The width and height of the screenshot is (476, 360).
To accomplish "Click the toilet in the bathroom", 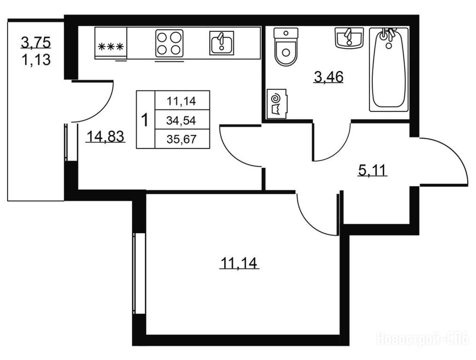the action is click(286, 47).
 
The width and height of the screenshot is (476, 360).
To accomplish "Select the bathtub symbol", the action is click(389, 69).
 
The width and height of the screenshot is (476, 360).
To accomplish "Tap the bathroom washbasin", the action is click(349, 37).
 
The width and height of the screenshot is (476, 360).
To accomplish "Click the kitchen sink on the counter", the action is click(222, 43).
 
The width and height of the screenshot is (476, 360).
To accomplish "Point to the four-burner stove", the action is click(169, 43).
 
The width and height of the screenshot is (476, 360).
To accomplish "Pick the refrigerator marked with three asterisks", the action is click(111, 43).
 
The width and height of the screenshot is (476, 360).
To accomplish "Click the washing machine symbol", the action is click(277, 104).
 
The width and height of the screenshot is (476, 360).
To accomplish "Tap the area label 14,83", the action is click(106, 136).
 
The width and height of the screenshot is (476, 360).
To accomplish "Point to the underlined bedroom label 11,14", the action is click(239, 262).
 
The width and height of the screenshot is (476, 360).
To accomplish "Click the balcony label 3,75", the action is click(36, 42).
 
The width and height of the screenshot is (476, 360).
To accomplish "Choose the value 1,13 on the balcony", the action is click(36, 60).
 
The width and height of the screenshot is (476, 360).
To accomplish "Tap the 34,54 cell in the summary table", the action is click(181, 120).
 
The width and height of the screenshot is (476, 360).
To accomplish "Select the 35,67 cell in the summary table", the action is click(181, 139).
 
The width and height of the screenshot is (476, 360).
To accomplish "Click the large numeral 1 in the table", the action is click(145, 120).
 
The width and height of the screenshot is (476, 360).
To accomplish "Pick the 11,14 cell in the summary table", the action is click(181, 101).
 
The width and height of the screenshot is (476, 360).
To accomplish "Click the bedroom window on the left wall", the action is click(139, 273).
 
